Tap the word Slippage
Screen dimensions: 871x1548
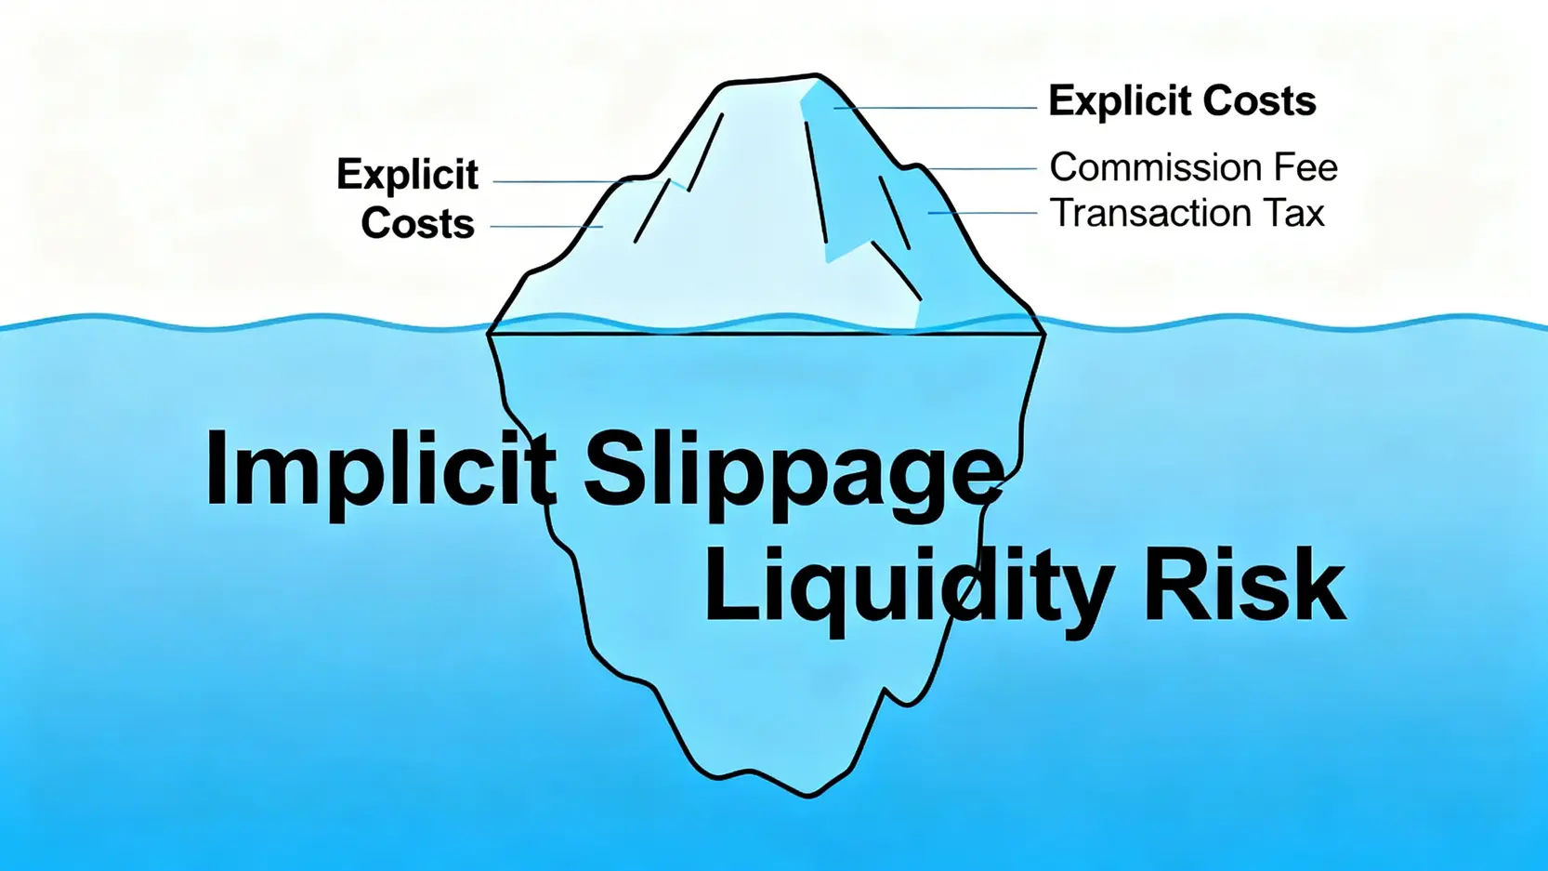click(794, 469)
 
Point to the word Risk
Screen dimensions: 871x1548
click(1243, 586)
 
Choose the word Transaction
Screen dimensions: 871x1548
click(1149, 214)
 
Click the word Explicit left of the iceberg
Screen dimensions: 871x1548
click(407, 175)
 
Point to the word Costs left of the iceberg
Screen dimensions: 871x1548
click(417, 224)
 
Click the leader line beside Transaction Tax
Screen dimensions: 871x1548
click(982, 213)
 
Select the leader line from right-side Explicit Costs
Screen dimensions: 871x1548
click(934, 108)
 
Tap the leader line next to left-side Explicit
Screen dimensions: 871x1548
click(558, 181)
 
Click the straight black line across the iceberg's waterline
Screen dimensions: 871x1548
click(767, 333)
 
